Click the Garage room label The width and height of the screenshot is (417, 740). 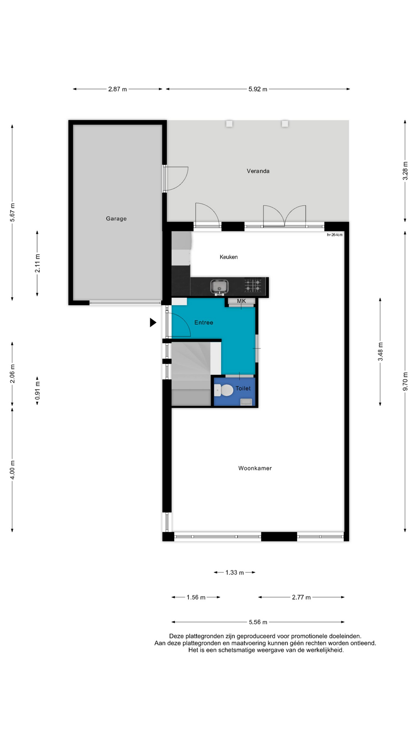pyautogui.click(x=116, y=219)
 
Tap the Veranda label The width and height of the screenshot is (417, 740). pyautogui.click(x=258, y=171)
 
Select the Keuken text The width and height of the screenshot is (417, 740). pyautogui.click(x=229, y=257)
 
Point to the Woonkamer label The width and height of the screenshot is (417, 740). pyautogui.click(x=255, y=468)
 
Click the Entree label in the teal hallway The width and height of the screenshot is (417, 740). pyautogui.click(x=203, y=323)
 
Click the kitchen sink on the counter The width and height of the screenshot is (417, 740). pyautogui.click(x=219, y=287)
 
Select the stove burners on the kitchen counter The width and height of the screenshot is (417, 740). pyautogui.click(x=253, y=286)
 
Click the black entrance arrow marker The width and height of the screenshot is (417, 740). pyautogui.click(x=153, y=323)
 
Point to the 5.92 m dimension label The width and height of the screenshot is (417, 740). pyautogui.click(x=258, y=89)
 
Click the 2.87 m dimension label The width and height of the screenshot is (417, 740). pyautogui.click(x=117, y=89)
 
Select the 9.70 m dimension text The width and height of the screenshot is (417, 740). pyautogui.click(x=405, y=382)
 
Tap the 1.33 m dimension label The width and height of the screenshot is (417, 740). pyautogui.click(x=234, y=573)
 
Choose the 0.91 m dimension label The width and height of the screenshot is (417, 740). pyautogui.click(x=37, y=390)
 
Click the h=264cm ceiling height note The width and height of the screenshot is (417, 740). pyautogui.click(x=335, y=235)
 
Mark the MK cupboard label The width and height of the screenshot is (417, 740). pyautogui.click(x=241, y=301)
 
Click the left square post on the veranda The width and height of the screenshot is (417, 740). pyautogui.click(x=229, y=124)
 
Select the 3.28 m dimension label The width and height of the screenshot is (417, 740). pyautogui.click(x=405, y=171)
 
